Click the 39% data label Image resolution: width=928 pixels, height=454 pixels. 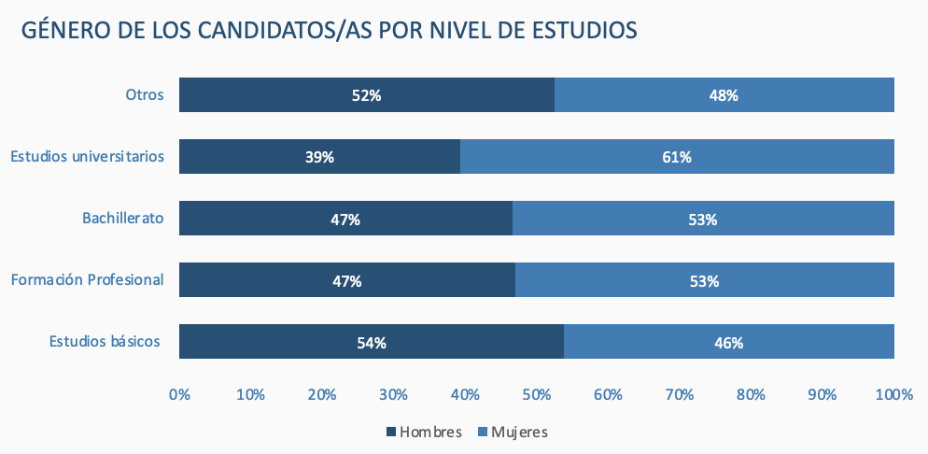tap(319, 157)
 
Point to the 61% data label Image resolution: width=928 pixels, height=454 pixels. tap(677, 157)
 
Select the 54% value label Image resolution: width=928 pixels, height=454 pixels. tap(372, 343)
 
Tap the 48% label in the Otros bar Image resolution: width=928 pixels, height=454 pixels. tap(724, 95)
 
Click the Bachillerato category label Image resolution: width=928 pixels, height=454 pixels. tap(123, 219)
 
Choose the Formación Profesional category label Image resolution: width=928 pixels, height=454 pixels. tap(88, 279)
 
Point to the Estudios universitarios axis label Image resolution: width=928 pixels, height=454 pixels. tap(88, 156)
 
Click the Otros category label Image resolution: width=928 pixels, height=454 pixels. tap(145, 94)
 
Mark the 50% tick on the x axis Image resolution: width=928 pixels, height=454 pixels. tap(537, 394)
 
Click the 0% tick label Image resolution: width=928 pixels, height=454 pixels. tap(179, 394)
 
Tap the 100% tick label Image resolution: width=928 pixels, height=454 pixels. tap(893, 394)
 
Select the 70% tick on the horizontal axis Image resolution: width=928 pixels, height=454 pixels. tap(680, 394)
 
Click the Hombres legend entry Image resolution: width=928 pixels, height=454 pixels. tap(424, 432)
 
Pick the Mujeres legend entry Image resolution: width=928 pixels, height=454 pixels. tap(513, 432)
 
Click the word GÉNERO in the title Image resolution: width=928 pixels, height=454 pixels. tap(66, 30)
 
